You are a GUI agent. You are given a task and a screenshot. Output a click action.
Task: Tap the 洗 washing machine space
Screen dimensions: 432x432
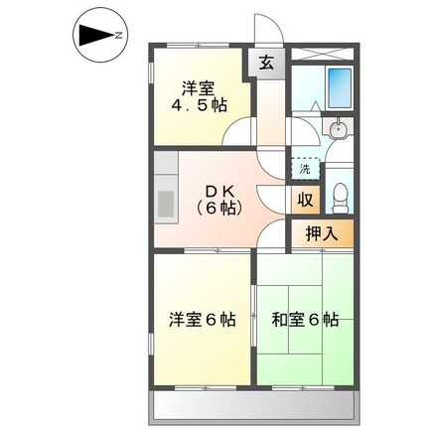305,168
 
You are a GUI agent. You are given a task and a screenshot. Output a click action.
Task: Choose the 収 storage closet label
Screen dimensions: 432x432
306,198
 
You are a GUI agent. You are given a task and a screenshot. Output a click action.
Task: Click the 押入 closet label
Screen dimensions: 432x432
320,234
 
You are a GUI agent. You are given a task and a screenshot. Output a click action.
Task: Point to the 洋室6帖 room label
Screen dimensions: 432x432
202,320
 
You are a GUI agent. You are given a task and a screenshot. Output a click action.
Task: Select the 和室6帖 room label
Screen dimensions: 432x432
305,320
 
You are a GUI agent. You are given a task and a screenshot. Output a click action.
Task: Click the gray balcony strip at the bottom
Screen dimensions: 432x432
254,406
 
